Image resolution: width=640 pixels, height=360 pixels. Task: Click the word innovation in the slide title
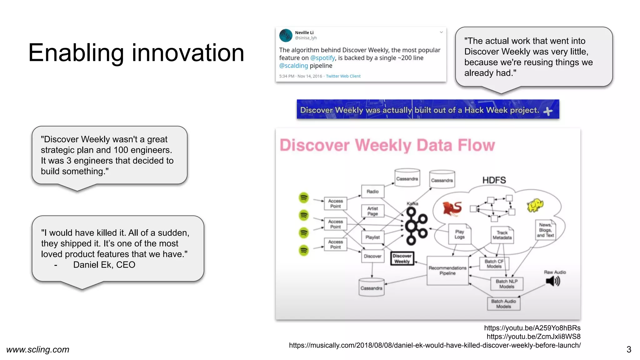coord(188,53)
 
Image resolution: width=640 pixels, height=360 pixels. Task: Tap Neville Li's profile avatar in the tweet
coord(286,36)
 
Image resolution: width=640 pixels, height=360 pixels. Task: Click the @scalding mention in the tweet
coord(293,66)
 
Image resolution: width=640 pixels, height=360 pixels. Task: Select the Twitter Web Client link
coord(343,76)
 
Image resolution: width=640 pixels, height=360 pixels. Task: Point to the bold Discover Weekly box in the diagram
coord(402,259)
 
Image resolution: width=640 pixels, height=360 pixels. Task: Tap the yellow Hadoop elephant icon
coord(535,205)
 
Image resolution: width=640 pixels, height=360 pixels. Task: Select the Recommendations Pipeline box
coord(447,270)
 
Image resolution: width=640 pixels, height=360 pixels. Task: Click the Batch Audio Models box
coord(503,304)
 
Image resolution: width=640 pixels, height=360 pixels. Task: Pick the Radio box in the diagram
coord(372,192)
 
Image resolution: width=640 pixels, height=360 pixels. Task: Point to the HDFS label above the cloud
coord(494,180)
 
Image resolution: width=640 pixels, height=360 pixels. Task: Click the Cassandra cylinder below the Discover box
coord(371,287)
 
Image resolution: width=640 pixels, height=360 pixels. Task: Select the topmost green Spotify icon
coord(304,197)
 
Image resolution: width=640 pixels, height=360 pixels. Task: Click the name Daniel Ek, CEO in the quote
coord(104,265)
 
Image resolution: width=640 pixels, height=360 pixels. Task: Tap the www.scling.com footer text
coord(38,349)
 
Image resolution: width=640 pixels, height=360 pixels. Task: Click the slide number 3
coord(629,349)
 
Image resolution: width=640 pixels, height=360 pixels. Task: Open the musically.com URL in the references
coord(435,345)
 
